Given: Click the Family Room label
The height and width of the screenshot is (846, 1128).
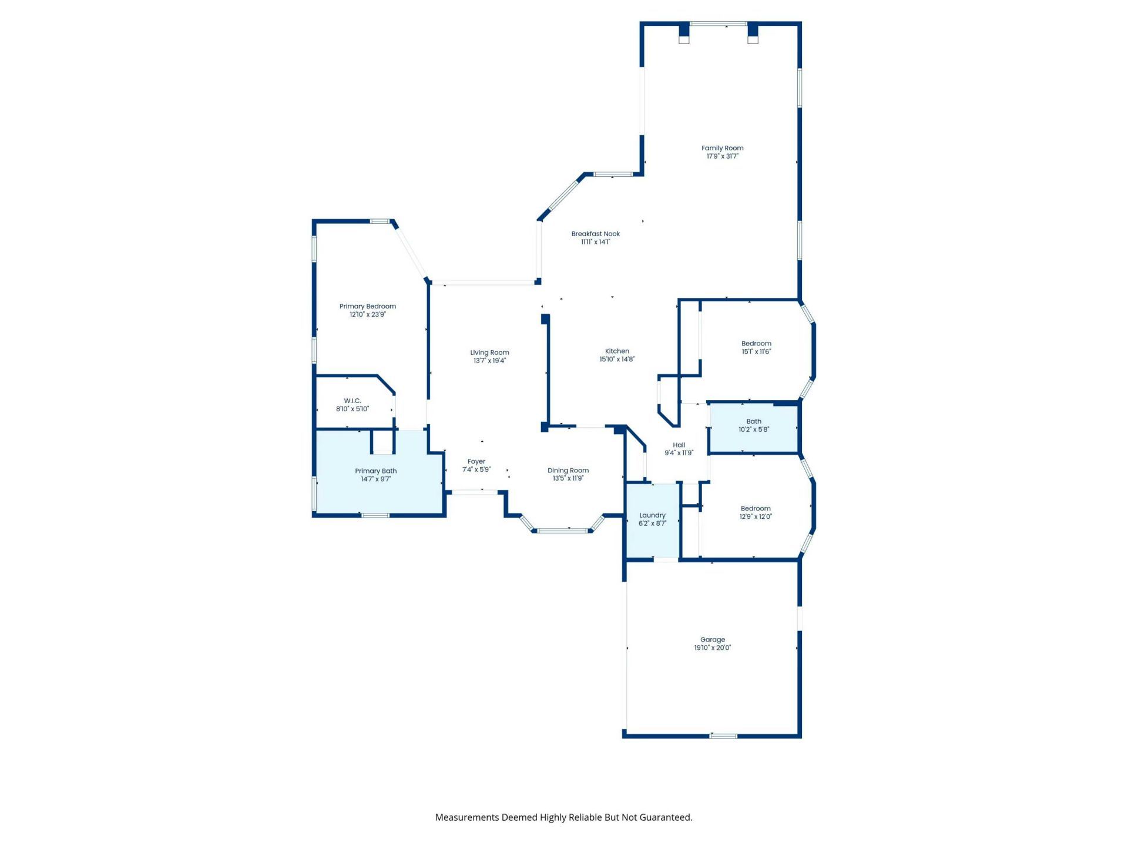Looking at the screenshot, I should click(722, 148).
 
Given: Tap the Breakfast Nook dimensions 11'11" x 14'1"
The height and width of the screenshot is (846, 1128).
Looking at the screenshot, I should click(596, 242).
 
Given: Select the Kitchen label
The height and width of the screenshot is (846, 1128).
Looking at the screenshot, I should click(617, 351).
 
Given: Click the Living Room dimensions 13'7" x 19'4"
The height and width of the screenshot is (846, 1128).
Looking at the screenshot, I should click(489, 361).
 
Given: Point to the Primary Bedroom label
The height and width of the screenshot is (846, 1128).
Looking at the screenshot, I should click(368, 306).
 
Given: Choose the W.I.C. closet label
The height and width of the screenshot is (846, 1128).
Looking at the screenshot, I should click(352, 401).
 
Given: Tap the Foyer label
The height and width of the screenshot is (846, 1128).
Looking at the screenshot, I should click(476, 461).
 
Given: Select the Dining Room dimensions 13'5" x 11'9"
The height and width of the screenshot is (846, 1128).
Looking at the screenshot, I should click(568, 478).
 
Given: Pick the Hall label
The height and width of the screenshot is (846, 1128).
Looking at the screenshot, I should click(679, 445).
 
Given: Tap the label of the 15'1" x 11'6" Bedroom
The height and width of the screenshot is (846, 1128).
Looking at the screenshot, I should click(756, 343).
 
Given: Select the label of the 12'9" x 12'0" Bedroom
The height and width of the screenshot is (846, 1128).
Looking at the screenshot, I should click(756, 508).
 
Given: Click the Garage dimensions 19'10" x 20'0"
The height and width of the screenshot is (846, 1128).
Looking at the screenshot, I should click(713, 648).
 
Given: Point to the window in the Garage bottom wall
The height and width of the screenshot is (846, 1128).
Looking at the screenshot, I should click(723, 736).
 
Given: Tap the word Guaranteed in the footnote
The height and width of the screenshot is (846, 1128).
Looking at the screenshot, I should click(665, 817).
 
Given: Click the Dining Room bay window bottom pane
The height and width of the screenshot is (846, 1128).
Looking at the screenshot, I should click(562, 531).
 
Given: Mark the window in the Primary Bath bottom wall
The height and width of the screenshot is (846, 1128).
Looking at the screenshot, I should click(375, 516).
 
